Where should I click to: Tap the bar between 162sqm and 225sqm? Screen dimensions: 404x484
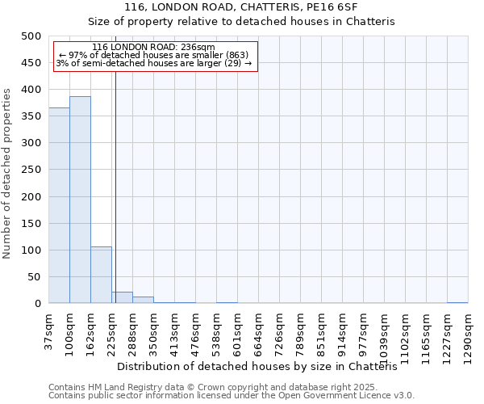(101, 276)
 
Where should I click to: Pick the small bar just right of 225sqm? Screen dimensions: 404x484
(122, 297)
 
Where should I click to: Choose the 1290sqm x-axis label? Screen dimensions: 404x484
(469, 336)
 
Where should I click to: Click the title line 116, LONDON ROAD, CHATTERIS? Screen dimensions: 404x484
(242, 7)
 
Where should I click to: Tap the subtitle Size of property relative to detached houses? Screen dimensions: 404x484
(242, 22)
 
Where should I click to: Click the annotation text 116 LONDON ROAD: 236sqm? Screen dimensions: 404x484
(153, 48)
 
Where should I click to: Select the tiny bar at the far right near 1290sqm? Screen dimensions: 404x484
(457, 302)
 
